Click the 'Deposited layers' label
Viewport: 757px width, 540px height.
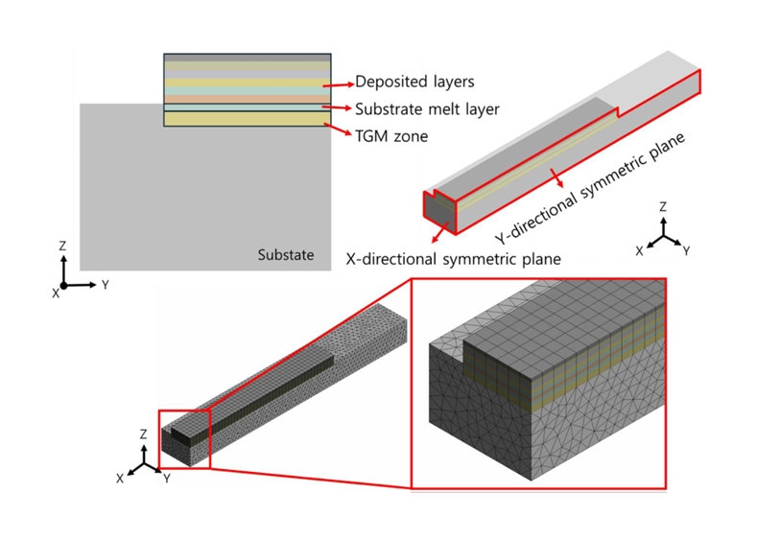tap(414, 82)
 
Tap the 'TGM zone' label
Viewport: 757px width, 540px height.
tap(391, 136)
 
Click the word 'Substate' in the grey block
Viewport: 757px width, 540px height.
tap(286, 255)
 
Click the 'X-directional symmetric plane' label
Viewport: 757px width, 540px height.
tap(453, 259)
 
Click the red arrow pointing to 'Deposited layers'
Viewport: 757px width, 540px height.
tap(341, 81)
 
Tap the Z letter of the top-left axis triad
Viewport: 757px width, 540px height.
tap(62, 247)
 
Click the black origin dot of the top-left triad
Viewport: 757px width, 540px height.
tap(63, 285)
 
